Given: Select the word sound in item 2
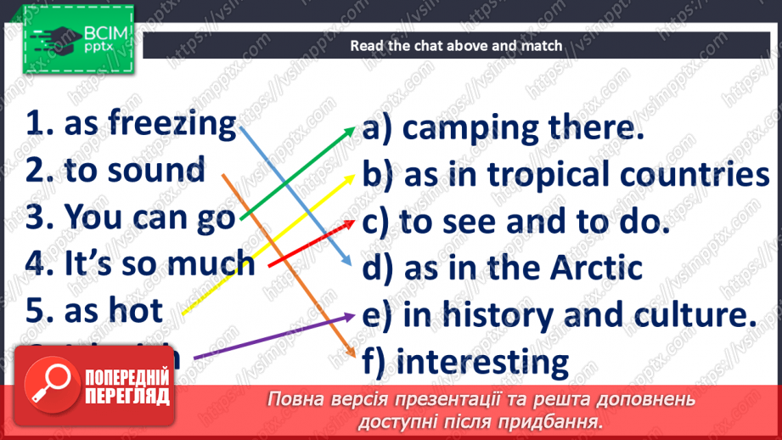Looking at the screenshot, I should click(161, 170).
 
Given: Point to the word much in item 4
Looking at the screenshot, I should click(211, 262).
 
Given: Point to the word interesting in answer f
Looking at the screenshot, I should click(483, 362).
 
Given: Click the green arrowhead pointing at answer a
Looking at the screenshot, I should click(351, 129).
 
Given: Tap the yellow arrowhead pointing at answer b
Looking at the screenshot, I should click(350, 176).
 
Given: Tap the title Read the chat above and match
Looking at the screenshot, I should click(456, 45).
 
